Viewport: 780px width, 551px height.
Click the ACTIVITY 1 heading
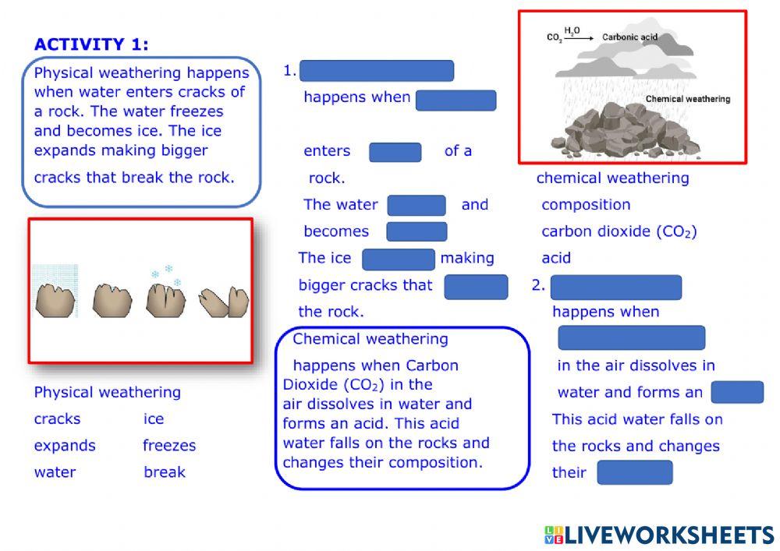tap(91, 44)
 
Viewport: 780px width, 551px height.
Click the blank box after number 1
tap(377, 71)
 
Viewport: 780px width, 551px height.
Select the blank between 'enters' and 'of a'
tap(395, 152)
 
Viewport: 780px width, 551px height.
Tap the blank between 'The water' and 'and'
tap(417, 205)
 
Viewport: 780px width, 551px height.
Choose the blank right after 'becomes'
tap(417, 231)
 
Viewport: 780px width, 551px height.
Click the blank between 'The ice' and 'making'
tap(398, 259)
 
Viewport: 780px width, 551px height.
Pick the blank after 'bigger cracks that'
tap(476, 286)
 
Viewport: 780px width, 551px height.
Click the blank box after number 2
tap(615, 287)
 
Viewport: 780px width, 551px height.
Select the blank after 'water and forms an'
tap(737, 392)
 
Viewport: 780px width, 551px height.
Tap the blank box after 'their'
tap(634, 472)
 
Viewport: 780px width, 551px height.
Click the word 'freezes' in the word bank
tap(169, 446)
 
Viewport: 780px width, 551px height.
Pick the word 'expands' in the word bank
tap(65, 446)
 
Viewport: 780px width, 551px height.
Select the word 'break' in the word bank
tap(165, 472)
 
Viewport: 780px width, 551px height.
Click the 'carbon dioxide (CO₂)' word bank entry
tap(619, 231)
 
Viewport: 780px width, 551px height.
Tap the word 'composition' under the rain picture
tap(586, 205)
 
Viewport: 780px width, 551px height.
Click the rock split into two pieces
tap(224, 302)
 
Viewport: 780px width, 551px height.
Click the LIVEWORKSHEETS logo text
tap(668, 535)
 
